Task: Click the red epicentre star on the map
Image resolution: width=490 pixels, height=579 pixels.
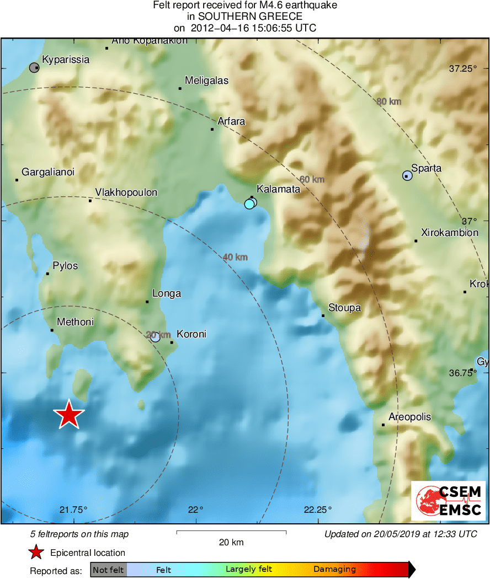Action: [68, 414]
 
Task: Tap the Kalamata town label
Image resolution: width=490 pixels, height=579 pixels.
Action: [278, 189]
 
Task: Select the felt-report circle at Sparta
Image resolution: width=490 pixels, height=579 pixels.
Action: [407, 176]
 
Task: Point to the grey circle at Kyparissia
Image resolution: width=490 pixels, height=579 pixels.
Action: [34, 68]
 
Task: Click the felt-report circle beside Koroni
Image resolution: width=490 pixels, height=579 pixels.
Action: [155, 337]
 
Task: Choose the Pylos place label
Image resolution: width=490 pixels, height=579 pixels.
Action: [65, 266]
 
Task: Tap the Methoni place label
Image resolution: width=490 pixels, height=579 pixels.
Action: [75, 322]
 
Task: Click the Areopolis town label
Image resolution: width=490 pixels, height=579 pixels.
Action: [409, 417]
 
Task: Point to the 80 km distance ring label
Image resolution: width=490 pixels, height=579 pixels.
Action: [388, 101]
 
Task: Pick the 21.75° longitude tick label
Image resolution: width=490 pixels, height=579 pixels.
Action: [73, 510]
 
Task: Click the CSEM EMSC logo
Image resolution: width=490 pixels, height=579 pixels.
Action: [448, 501]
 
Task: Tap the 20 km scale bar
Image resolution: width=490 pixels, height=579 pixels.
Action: [231, 532]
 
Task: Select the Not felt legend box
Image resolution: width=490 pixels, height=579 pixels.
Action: [108, 570]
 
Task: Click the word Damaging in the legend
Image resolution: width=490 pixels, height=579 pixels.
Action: [334, 570]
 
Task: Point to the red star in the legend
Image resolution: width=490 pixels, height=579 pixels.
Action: [36, 552]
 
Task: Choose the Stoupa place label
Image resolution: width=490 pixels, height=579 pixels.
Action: [344, 308]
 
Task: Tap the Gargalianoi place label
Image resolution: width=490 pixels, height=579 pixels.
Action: [48, 172]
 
